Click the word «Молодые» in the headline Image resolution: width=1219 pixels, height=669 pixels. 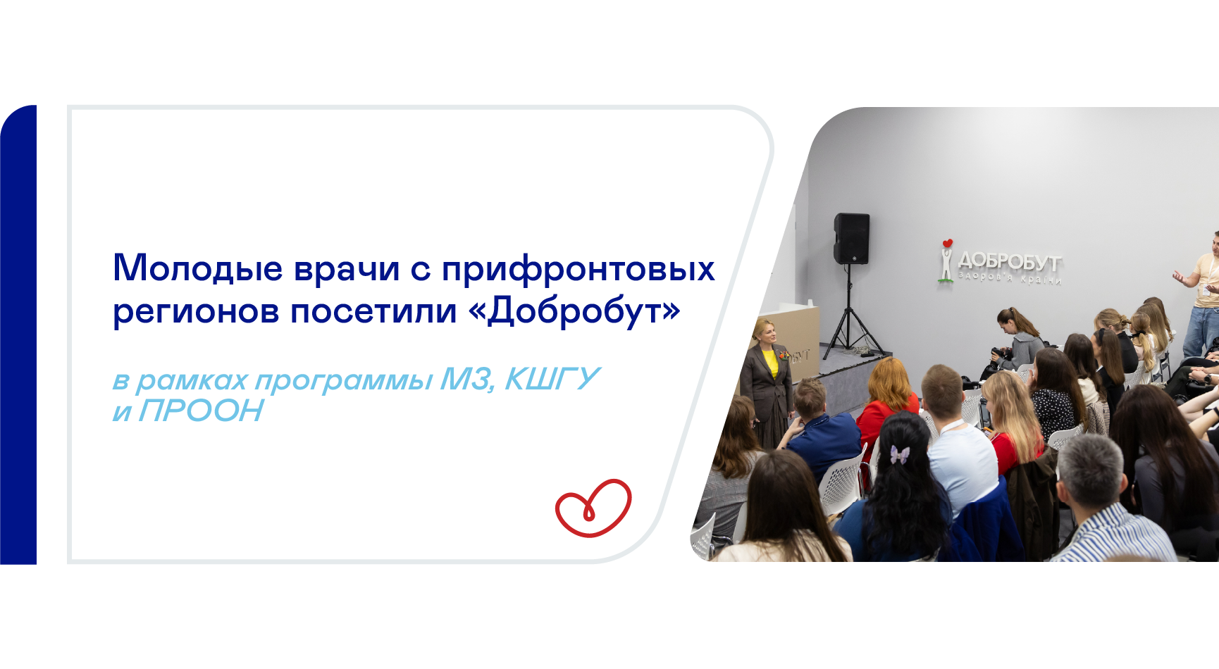click(x=198, y=269)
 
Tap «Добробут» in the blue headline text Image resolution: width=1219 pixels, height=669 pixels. click(x=574, y=311)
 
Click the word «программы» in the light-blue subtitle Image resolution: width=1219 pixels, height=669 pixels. click(x=344, y=381)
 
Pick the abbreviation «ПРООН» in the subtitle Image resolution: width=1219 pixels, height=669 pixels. click(x=202, y=411)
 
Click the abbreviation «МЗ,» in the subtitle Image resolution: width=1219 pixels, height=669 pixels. click(x=467, y=380)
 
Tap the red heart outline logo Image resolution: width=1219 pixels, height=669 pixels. click(x=593, y=508)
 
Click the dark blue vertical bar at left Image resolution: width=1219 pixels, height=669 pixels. click(x=18, y=334)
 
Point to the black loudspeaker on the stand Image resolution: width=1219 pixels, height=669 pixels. click(x=851, y=239)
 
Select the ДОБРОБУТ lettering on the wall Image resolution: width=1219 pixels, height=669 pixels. click(x=1009, y=262)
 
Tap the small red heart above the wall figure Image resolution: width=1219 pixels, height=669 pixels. click(x=948, y=244)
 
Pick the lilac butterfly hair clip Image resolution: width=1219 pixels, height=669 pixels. click(x=899, y=454)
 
